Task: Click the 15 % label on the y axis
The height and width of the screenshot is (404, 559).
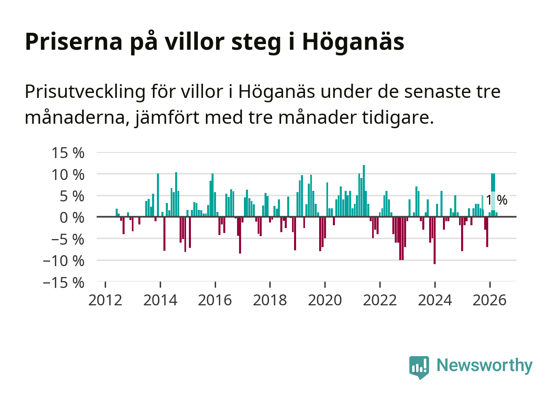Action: click(x=68, y=153)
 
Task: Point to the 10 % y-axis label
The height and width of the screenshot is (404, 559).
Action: click(x=68, y=174)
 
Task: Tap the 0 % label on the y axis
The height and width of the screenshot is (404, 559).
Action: click(x=72, y=218)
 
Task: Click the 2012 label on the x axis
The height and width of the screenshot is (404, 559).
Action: click(x=105, y=300)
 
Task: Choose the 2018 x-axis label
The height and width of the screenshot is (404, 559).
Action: click(x=270, y=300)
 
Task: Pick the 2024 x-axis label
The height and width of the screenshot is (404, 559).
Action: click(x=435, y=300)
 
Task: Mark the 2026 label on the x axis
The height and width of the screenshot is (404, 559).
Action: click(x=489, y=300)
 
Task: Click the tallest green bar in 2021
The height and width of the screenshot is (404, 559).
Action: click(x=364, y=190)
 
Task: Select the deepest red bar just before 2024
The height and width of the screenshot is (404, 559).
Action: click(x=434, y=240)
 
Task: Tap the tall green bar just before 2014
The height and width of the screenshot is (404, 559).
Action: click(x=158, y=195)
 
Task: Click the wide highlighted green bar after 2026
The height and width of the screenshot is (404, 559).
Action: click(x=493, y=195)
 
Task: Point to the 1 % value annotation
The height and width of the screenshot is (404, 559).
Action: click(x=497, y=200)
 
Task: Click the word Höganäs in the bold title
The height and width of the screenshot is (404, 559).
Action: click(x=353, y=42)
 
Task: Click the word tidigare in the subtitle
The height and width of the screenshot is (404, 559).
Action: click(x=398, y=117)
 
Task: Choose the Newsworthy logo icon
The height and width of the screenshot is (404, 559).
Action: click(x=419, y=367)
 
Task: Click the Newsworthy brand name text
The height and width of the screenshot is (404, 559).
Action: click(x=485, y=366)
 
